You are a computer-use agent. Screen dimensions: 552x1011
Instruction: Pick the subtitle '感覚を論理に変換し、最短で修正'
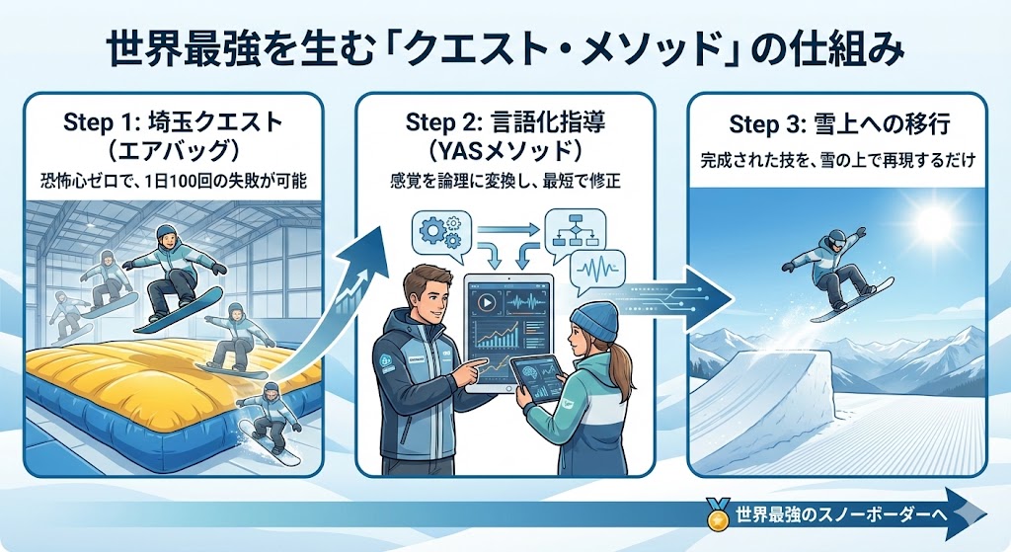point(505,183)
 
